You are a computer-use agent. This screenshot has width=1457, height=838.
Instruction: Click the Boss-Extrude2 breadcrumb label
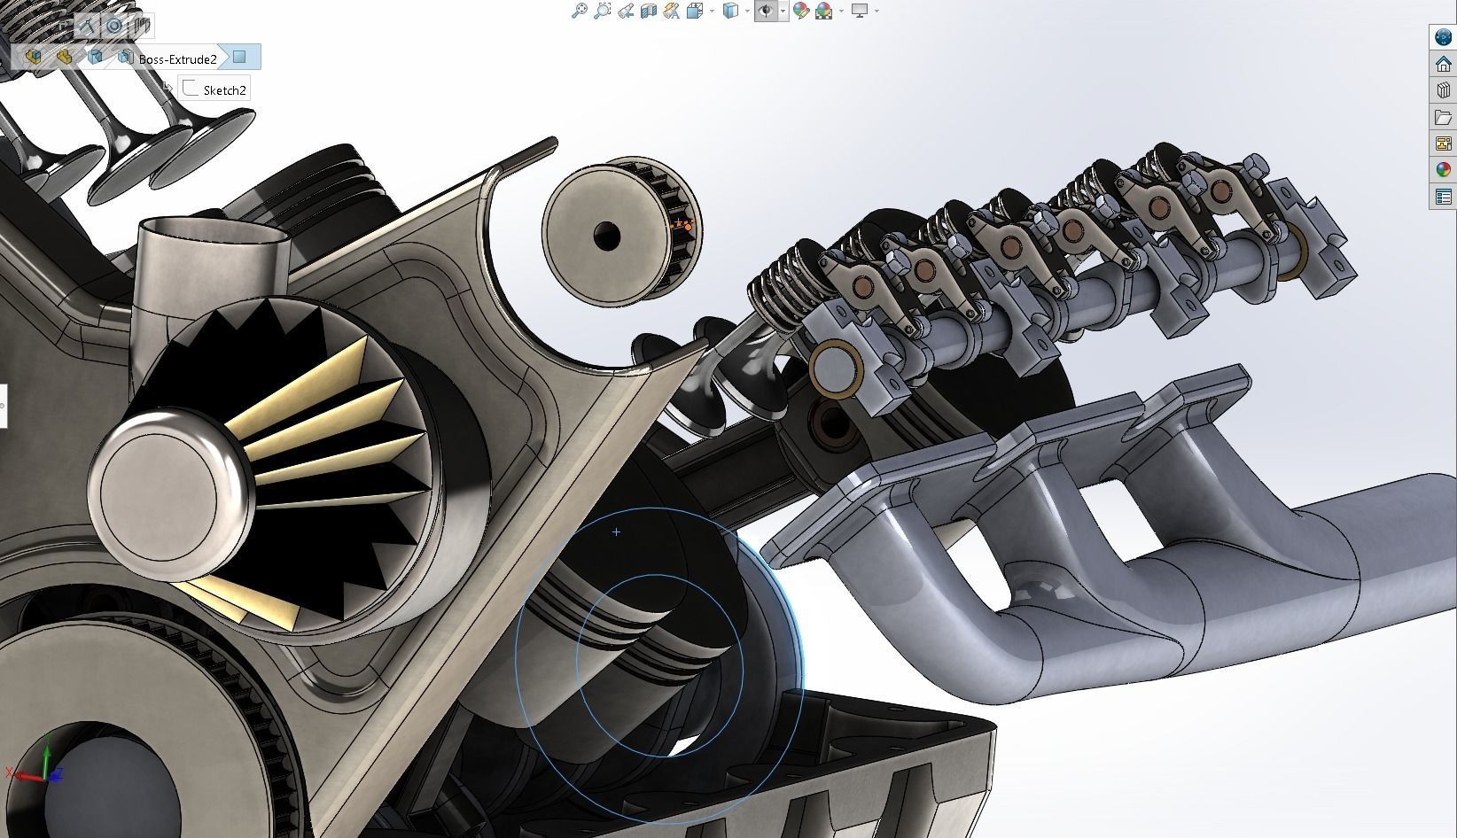[177, 59]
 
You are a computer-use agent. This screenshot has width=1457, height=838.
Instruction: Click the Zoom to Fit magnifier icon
[579, 11]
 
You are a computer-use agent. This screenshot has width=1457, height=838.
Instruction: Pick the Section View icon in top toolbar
[648, 11]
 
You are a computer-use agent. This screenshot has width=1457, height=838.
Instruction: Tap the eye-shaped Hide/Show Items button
[765, 11]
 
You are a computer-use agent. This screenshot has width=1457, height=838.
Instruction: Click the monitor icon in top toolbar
[859, 11]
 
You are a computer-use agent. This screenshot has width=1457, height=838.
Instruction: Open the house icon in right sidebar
[1443, 64]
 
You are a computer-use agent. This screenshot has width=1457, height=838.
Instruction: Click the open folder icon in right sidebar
[1443, 117]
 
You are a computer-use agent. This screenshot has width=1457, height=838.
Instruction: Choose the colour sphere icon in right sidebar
[1443, 170]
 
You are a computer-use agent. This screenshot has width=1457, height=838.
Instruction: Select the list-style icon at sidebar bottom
[1443, 197]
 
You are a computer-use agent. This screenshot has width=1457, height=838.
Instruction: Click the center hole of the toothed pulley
[607, 236]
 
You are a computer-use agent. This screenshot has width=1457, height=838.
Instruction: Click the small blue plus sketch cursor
[616, 532]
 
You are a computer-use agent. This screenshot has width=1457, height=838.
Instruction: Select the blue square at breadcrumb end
[239, 58]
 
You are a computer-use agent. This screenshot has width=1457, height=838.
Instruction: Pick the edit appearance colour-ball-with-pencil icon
[801, 11]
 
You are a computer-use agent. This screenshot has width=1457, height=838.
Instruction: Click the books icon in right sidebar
[1443, 90]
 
